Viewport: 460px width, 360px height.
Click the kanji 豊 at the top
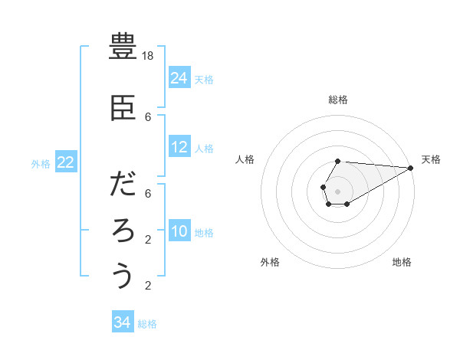tap(123, 47)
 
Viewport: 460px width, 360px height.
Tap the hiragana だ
tap(123, 185)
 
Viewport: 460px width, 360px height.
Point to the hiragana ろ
tap(123, 231)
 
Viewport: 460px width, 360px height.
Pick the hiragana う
tap(123, 276)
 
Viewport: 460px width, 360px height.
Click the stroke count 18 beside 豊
tap(149, 56)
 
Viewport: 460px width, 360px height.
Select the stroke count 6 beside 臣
tap(149, 117)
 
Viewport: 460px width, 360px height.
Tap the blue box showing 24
tap(179, 77)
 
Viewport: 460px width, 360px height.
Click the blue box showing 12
tap(179, 147)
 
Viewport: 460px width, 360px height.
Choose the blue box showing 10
tap(179, 231)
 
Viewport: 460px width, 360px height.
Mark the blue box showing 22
tap(66, 162)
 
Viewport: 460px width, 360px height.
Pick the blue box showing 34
tap(122, 322)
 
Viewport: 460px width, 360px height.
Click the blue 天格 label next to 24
tap(204, 79)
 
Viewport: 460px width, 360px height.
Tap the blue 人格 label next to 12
tap(204, 148)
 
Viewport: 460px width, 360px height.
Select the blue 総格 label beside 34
tap(147, 324)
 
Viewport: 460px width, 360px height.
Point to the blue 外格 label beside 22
tap(41, 163)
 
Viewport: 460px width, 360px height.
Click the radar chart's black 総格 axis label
tap(337, 100)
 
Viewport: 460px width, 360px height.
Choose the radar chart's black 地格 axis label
tap(402, 262)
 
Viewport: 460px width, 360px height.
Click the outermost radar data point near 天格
tap(411, 169)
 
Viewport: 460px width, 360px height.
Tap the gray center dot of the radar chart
tap(337, 190)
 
